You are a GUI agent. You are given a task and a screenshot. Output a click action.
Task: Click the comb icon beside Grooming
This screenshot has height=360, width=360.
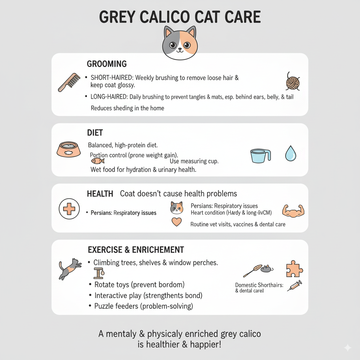click(69, 82)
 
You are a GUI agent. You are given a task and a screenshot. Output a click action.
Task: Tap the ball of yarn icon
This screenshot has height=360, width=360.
click(293, 82)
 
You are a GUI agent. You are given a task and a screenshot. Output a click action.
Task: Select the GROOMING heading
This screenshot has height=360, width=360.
click(107, 64)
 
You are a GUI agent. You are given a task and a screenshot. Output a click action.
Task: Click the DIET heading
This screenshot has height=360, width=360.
click(95, 133)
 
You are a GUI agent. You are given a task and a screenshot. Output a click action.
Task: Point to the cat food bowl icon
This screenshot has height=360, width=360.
click(69, 149)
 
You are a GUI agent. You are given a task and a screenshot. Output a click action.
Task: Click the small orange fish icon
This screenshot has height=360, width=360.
click(98, 161)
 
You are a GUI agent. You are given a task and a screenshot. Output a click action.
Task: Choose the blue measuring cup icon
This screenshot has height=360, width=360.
click(261, 156)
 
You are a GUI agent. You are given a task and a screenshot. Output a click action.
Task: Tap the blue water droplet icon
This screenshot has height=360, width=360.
click(291, 153)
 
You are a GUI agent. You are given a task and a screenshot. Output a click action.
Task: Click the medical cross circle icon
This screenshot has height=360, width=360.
click(69, 209)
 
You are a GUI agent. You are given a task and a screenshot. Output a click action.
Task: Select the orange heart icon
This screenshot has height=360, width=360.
click(176, 222)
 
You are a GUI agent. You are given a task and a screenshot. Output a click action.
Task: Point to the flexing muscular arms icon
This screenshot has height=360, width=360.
click(293, 211)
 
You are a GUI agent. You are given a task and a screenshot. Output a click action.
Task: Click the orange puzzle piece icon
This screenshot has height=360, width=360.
click(294, 269)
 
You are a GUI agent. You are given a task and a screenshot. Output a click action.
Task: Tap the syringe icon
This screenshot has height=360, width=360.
click(295, 286)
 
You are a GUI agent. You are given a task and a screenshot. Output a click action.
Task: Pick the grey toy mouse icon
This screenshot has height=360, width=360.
click(267, 269)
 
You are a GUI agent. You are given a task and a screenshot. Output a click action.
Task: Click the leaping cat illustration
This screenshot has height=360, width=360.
click(70, 269)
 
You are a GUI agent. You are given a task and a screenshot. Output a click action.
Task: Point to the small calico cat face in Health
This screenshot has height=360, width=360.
click(176, 208)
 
